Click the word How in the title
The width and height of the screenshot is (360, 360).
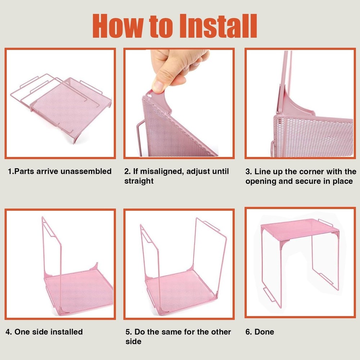[x=117, y=26]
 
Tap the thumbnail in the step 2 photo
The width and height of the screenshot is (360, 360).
[x=158, y=86]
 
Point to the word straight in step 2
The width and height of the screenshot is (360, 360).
[x=139, y=181]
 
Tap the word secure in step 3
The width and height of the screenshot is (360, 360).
[x=308, y=181]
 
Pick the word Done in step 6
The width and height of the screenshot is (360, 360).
[x=264, y=332]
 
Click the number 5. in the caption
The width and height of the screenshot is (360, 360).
[x=129, y=332]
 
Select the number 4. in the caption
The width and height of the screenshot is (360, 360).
[x=9, y=332]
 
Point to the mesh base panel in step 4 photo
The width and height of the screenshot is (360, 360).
[x=79, y=290]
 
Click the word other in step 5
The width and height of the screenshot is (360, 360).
[x=220, y=332]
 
